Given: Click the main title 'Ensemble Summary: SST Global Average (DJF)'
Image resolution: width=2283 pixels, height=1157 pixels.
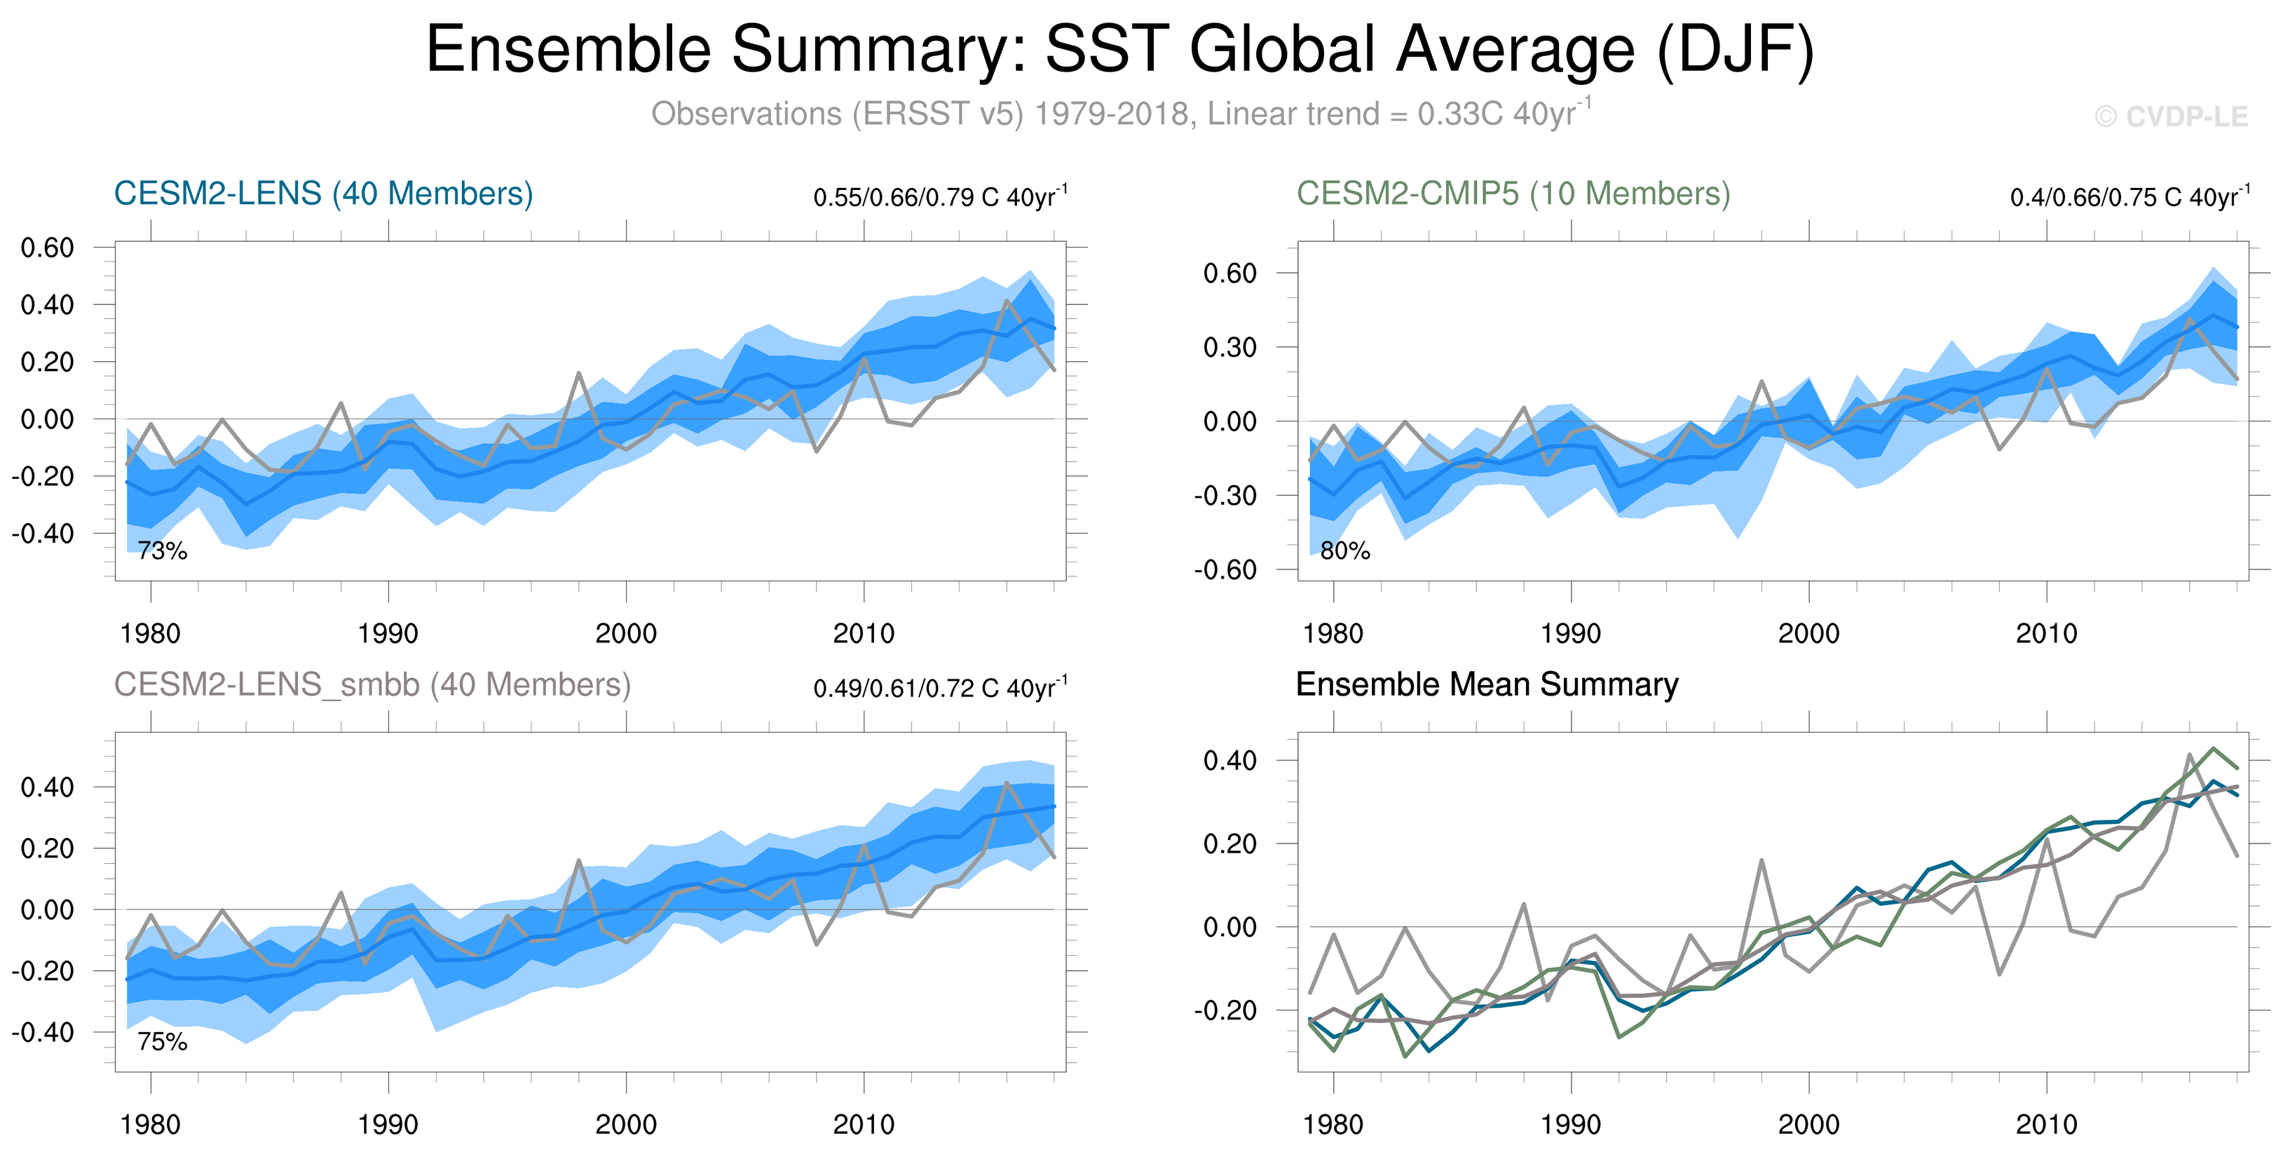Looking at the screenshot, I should pos(1120,50).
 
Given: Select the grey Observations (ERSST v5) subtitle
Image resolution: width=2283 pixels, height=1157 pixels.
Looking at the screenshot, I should pos(1120,114).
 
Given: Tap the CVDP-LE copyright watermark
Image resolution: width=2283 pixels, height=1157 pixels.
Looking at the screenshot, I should pos(2172,116).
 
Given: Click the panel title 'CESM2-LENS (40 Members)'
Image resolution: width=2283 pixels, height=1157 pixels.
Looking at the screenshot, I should pos(323,194).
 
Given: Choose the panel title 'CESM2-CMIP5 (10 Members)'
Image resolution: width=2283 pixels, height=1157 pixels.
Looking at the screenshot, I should pos(1513,194).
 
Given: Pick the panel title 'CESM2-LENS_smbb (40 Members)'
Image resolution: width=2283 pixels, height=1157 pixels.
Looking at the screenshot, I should pos(372,684).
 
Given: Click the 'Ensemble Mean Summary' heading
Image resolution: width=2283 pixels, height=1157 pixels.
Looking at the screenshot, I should pos(1486,684).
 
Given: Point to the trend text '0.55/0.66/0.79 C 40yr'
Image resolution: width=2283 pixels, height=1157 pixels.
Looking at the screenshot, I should pos(935,197).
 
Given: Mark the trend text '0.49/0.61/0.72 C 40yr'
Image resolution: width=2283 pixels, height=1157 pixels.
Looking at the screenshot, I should pos(935,688).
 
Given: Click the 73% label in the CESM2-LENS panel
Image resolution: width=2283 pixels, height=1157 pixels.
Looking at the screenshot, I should pos(162,550).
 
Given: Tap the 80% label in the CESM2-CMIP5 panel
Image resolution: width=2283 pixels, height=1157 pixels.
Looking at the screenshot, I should pos(1345,550).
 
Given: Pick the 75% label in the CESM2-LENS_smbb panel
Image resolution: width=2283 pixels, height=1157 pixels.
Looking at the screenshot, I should pos(162,1042).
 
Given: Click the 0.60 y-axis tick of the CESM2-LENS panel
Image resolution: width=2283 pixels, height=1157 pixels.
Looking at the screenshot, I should pos(48,248).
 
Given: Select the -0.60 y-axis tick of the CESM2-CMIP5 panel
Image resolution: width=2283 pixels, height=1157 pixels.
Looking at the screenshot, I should pos(1225,569).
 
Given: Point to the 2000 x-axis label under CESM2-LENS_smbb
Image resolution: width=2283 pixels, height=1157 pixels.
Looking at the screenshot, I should pos(626,1124).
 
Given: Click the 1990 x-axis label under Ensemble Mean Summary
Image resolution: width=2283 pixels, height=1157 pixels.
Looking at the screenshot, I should pos(1570,1124).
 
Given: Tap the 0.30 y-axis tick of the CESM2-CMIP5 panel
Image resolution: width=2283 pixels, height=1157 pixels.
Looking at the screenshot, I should pos(1229,346).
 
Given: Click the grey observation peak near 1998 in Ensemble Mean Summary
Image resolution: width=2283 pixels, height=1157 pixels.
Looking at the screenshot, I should pos(1761,860).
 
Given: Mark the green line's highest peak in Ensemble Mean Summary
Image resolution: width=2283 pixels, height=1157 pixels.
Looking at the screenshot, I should pos(2214,748).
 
